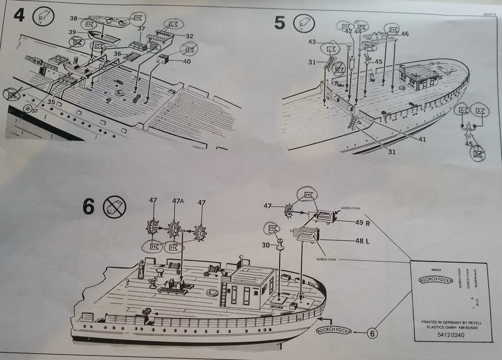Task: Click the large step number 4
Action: (19, 15)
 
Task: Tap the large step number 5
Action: (279, 23)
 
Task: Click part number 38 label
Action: (73, 19)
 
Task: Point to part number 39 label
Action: (73, 32)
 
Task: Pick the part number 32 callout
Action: (189, 36)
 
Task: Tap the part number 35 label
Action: (50, 101)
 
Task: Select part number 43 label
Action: (312, 41)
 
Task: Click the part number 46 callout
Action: (405, 34)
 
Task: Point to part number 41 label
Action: (422, 139)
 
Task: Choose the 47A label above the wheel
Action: (177, 201)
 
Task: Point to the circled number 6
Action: (371, 334)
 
